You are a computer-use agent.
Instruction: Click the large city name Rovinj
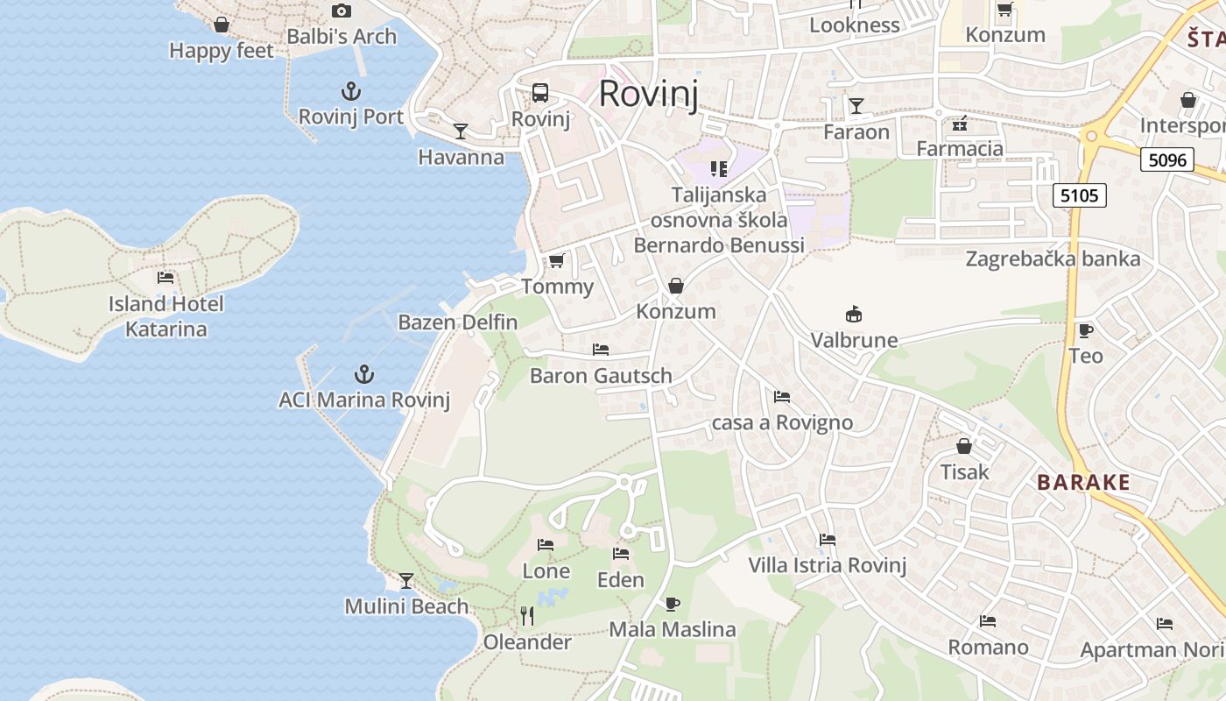pos(649,94)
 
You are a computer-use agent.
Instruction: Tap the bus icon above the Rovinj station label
pos(540,93)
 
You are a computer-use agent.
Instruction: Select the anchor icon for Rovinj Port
pos(350,91)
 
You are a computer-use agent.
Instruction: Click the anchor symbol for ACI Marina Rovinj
pos(363,375)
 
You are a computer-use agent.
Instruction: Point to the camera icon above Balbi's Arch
pos(342,11)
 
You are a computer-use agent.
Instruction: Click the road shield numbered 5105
pos(1079,195)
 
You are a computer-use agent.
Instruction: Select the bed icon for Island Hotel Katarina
pos(166,278)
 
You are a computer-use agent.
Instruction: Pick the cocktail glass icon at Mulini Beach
pos(406,580)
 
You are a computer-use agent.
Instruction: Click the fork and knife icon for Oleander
pos(527,616)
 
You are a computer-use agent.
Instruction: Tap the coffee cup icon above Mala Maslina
pos(672,604)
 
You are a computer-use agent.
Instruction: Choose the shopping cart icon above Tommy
pos(557,260)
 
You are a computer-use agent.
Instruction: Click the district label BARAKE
pos(1083,483)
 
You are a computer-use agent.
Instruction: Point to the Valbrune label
pos(854,340)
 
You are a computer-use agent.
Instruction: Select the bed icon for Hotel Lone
pos(546,545)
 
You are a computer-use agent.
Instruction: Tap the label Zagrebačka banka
pos(1053,258)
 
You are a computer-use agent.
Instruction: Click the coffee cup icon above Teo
pos(1085,330)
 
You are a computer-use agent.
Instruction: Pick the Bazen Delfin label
pos(458,322)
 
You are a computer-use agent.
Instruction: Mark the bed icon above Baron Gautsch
pos(601,349)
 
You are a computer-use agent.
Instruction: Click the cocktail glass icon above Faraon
pos(856,106)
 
